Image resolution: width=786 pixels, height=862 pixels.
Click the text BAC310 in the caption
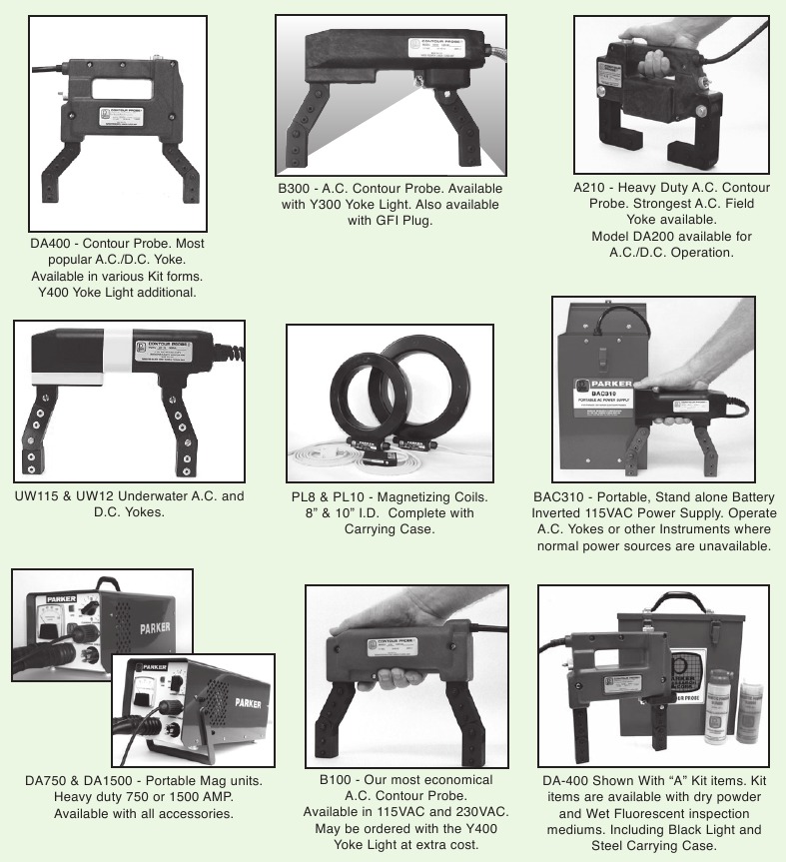(559, 496)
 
